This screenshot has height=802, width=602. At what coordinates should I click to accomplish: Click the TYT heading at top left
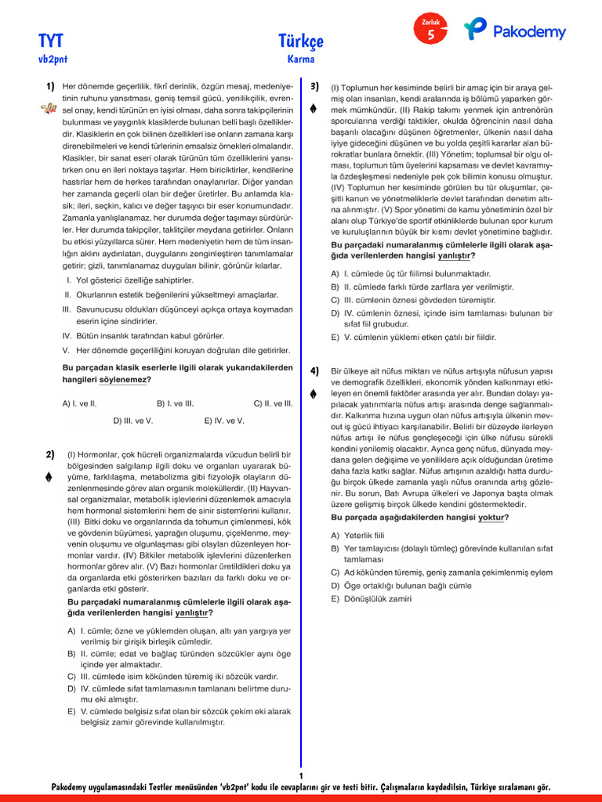pyautogui.click(x=51, y=40)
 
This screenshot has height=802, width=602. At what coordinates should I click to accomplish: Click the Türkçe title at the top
pyautogui.click(x=300, y=41)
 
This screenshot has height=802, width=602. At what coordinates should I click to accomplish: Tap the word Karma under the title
pyautogui.click(x=301, y=59)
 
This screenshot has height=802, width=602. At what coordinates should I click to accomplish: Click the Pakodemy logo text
pyautogui.click(x=529, y=32)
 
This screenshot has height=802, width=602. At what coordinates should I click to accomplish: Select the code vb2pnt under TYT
pyautogui.click(x=51, y=59)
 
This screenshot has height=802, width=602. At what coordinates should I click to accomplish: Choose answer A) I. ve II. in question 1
pyautogui.click(x=79, y=403)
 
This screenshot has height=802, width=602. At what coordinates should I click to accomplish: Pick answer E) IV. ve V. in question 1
pyautogui.click(x=224, y=421)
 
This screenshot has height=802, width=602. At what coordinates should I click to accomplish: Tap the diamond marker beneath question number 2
pyautogui.click(x=49, y=476)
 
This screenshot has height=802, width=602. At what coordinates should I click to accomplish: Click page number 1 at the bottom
pyautogui.click(x=301, y=775)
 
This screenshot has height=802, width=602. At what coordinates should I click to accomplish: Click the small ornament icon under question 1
pyautogui.click(x=48, y=109)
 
